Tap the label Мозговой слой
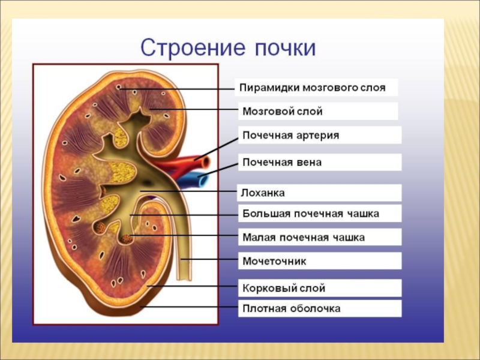point(283,112)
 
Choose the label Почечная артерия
point(290,136)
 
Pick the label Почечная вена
point(282,162)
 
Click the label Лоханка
point(263,193)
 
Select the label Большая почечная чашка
point(311,213)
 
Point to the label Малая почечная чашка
point(304,237)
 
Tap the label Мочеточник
point(275,262)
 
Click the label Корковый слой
point(284,289)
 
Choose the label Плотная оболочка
point(292,308)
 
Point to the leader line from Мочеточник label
point(210,259)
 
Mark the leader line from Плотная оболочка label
point(192,307)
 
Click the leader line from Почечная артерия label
point(219,147)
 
